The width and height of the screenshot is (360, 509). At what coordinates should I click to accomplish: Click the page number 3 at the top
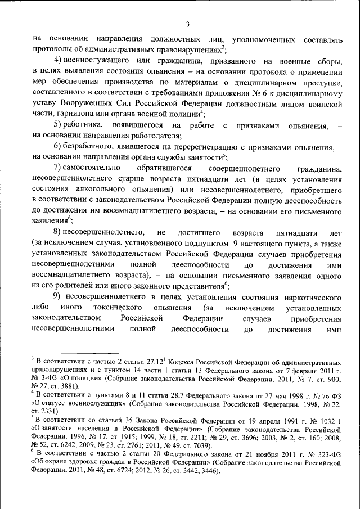point(188,24)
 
